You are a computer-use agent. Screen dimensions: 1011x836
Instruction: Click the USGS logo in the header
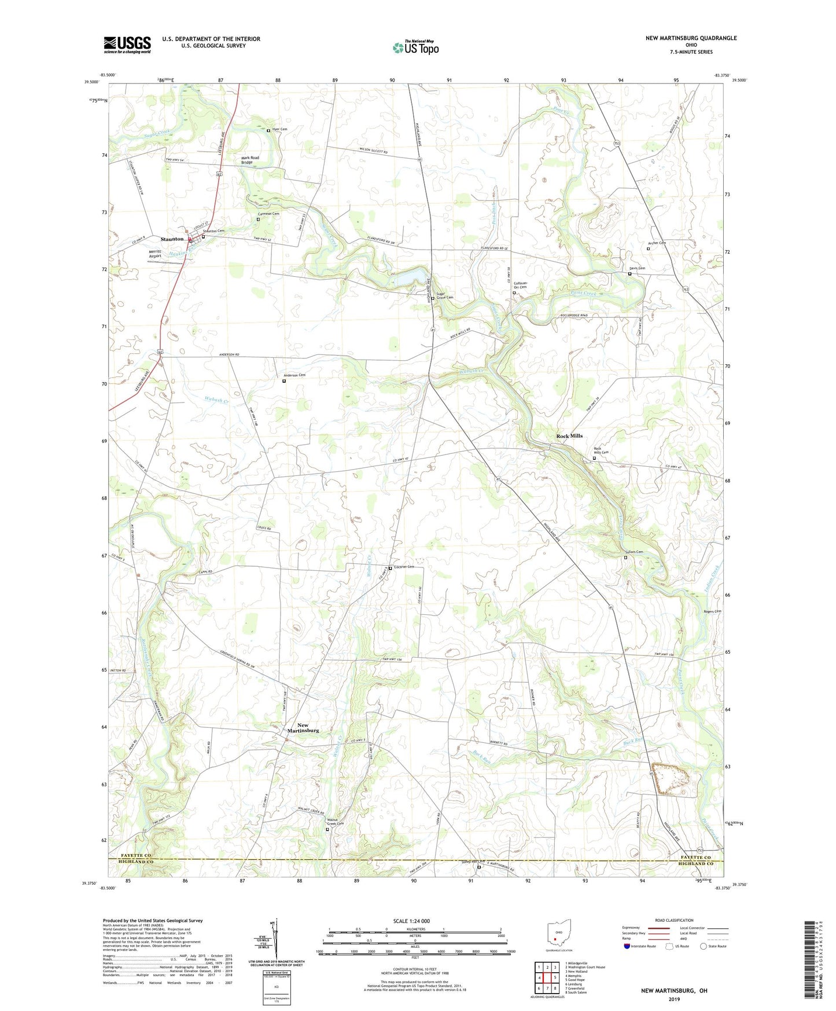[127, 45]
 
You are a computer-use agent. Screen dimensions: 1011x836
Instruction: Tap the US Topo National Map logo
[415, 47]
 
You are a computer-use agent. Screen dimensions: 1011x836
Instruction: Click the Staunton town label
[172, 239]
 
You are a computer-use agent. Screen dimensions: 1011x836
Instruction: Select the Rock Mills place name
[569, 435]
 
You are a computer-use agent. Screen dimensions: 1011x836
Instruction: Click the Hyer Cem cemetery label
[279, 129]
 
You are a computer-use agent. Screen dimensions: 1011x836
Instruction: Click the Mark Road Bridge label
[250, 160]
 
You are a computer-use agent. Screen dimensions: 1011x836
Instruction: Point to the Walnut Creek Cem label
[336, 821]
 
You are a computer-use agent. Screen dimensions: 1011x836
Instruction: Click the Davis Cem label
[637, 268]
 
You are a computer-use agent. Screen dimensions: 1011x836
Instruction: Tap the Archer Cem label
[657, 243]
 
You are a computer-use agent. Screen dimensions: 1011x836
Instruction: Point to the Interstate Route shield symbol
[627, 946]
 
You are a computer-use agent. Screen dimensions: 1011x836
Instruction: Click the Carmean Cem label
[268, 214]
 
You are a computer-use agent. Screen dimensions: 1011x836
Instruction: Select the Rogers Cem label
[712, 611]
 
